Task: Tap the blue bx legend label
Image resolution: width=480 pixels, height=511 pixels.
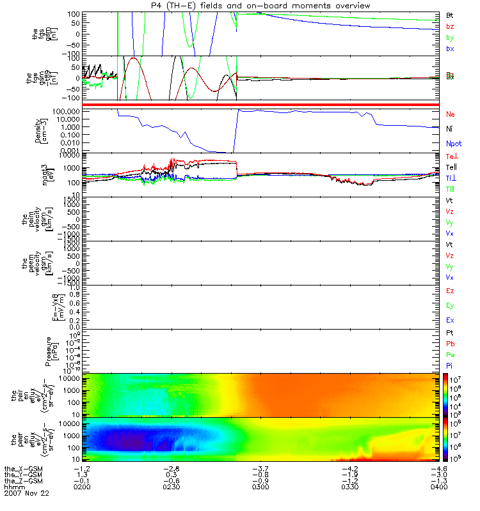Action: coord(450,49)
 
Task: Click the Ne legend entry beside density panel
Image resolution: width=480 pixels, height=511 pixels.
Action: coord(451,114)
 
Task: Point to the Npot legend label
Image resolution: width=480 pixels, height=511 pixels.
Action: coord(453,145)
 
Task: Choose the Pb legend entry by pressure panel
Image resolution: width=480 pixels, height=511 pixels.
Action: coord(451,344)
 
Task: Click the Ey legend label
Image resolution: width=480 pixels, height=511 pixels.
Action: coord(451,305)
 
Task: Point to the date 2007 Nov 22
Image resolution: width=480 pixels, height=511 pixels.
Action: coord(26,493)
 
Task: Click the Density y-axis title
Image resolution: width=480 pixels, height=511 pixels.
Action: coord(38,131)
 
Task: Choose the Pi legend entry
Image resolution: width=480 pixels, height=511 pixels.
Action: coord(450,365)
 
